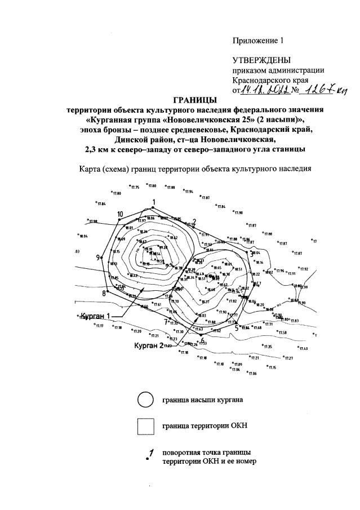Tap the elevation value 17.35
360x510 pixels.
pyautogui.click(x=268, y=347)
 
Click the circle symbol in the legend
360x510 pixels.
pyautogui.click(x=145, y=400)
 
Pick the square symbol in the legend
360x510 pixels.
pyautogui.click(x=145, y=426)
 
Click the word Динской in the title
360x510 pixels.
pyautogui.click(x=131, y=139)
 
